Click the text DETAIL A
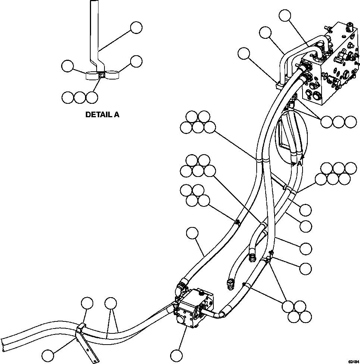[102, 115]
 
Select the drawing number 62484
[353, 361]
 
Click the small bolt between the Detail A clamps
[102, 76]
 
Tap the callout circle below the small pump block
[176, 354]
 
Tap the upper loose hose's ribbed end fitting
[252, 257]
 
